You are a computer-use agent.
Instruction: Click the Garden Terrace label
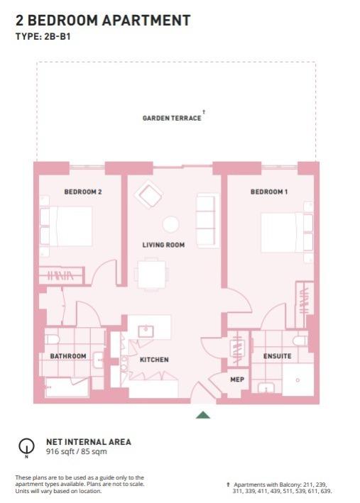click(172, 118)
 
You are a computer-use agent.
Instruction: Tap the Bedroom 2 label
click(83, 192)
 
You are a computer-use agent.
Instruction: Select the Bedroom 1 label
click(269, 192)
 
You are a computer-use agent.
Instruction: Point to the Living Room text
click(163, 245)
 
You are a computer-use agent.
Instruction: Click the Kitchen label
click(154, 360)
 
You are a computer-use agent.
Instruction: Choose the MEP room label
click(237, 380)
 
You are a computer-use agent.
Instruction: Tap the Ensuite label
click(278, 356)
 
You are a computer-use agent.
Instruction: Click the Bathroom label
click(68, 356)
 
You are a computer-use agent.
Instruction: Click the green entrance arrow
click(203, 415)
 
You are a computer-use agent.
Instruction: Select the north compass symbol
click(26, 446)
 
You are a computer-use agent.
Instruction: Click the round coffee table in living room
click(170, 224)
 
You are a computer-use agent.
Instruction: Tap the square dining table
click(152, 275)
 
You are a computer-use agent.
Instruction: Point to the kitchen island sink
click(146, 331)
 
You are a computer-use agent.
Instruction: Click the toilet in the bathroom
click(51, 339)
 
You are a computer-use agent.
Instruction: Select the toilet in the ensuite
click(300, 341)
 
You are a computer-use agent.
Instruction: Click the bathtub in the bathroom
click(67, 387)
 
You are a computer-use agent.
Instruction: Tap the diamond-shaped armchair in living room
click(148, 194)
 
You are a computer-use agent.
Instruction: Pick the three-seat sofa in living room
click(207, 221)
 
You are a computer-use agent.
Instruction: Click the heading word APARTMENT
click(146, 20)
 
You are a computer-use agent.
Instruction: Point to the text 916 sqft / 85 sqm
click(77, 452)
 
